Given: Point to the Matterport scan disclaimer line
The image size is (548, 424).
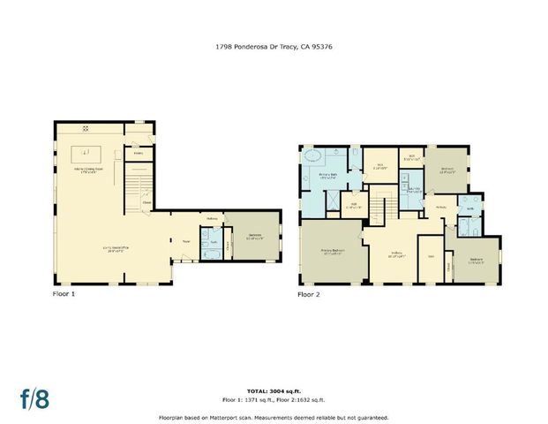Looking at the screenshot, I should (274, 418).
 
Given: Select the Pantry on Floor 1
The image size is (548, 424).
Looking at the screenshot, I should (139, 153).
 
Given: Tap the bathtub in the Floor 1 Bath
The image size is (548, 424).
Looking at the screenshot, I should (210, 254).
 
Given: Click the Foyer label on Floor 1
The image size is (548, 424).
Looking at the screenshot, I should (186, 239).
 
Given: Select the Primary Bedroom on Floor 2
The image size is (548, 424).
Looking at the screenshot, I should (330, 252).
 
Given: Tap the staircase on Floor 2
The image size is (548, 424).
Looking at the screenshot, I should (377, 209).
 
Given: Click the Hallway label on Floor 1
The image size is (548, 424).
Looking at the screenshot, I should (212, 218).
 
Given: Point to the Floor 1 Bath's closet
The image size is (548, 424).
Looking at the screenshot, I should (227, 246).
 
